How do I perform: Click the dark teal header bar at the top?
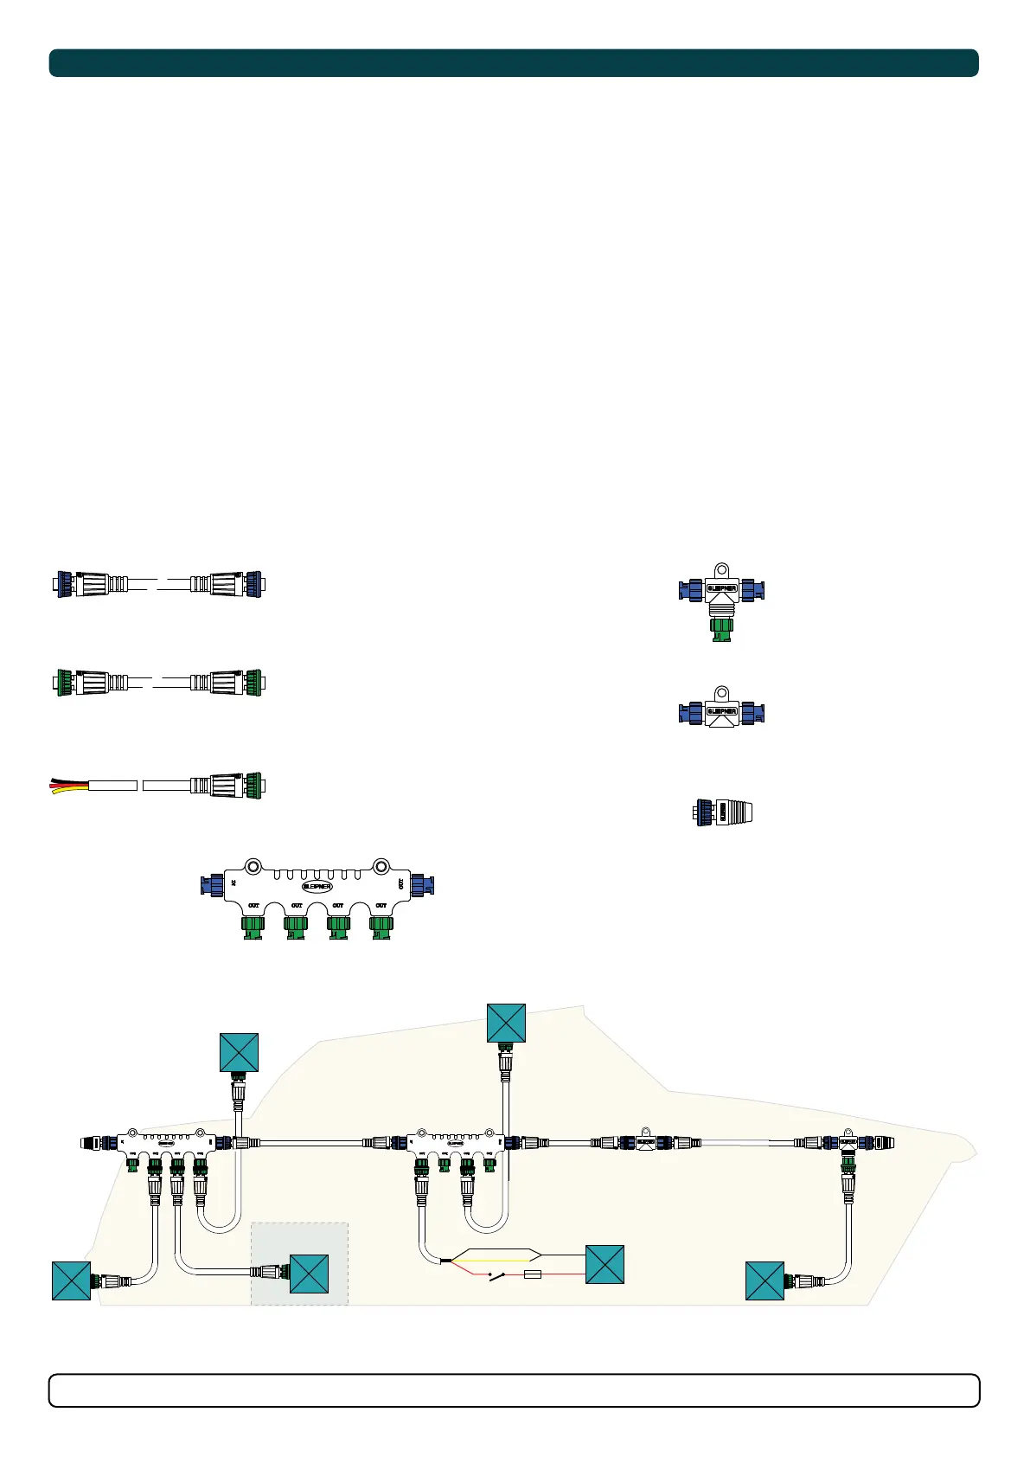coord(514,63)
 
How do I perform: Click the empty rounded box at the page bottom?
coord(514,1390)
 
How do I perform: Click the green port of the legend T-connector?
coord(720,631)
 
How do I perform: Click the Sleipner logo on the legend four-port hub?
coord(317,886)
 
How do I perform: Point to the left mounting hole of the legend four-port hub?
coord(253,865)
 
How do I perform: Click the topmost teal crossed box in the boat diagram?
coord(506,1023)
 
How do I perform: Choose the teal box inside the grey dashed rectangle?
coord(309,1274)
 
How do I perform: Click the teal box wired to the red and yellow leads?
coord(605,1264)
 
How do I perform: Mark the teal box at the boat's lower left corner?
coord(71,1280)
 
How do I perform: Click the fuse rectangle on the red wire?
coord(533,1274)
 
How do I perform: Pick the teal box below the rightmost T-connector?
coord(765,1280)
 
